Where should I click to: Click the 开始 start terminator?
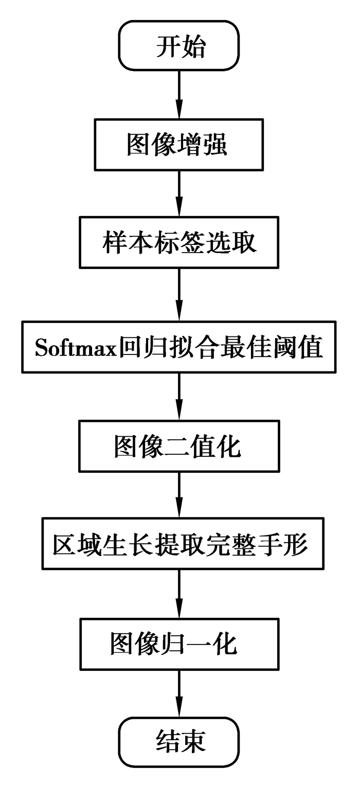click(x=179, y=47)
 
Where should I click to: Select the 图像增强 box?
click(x=179, y=145)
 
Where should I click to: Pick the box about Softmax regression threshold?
click(x=179, y=349)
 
